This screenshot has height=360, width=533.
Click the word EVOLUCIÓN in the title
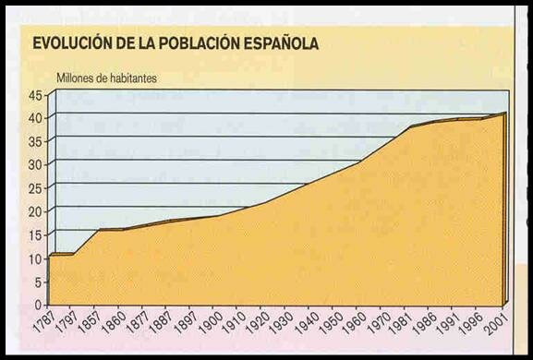pos(68,43)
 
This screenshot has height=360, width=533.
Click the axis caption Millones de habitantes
pos(107,78)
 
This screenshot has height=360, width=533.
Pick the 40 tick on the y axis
pos(35,117)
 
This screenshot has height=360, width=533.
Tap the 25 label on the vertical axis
pos(35,187)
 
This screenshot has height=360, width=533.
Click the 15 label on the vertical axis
pos(35,234)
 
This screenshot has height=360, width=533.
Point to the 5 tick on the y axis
pos(39,282)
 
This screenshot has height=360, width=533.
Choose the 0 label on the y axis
pos(39,305)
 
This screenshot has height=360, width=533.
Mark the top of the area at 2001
pos(504,114)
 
